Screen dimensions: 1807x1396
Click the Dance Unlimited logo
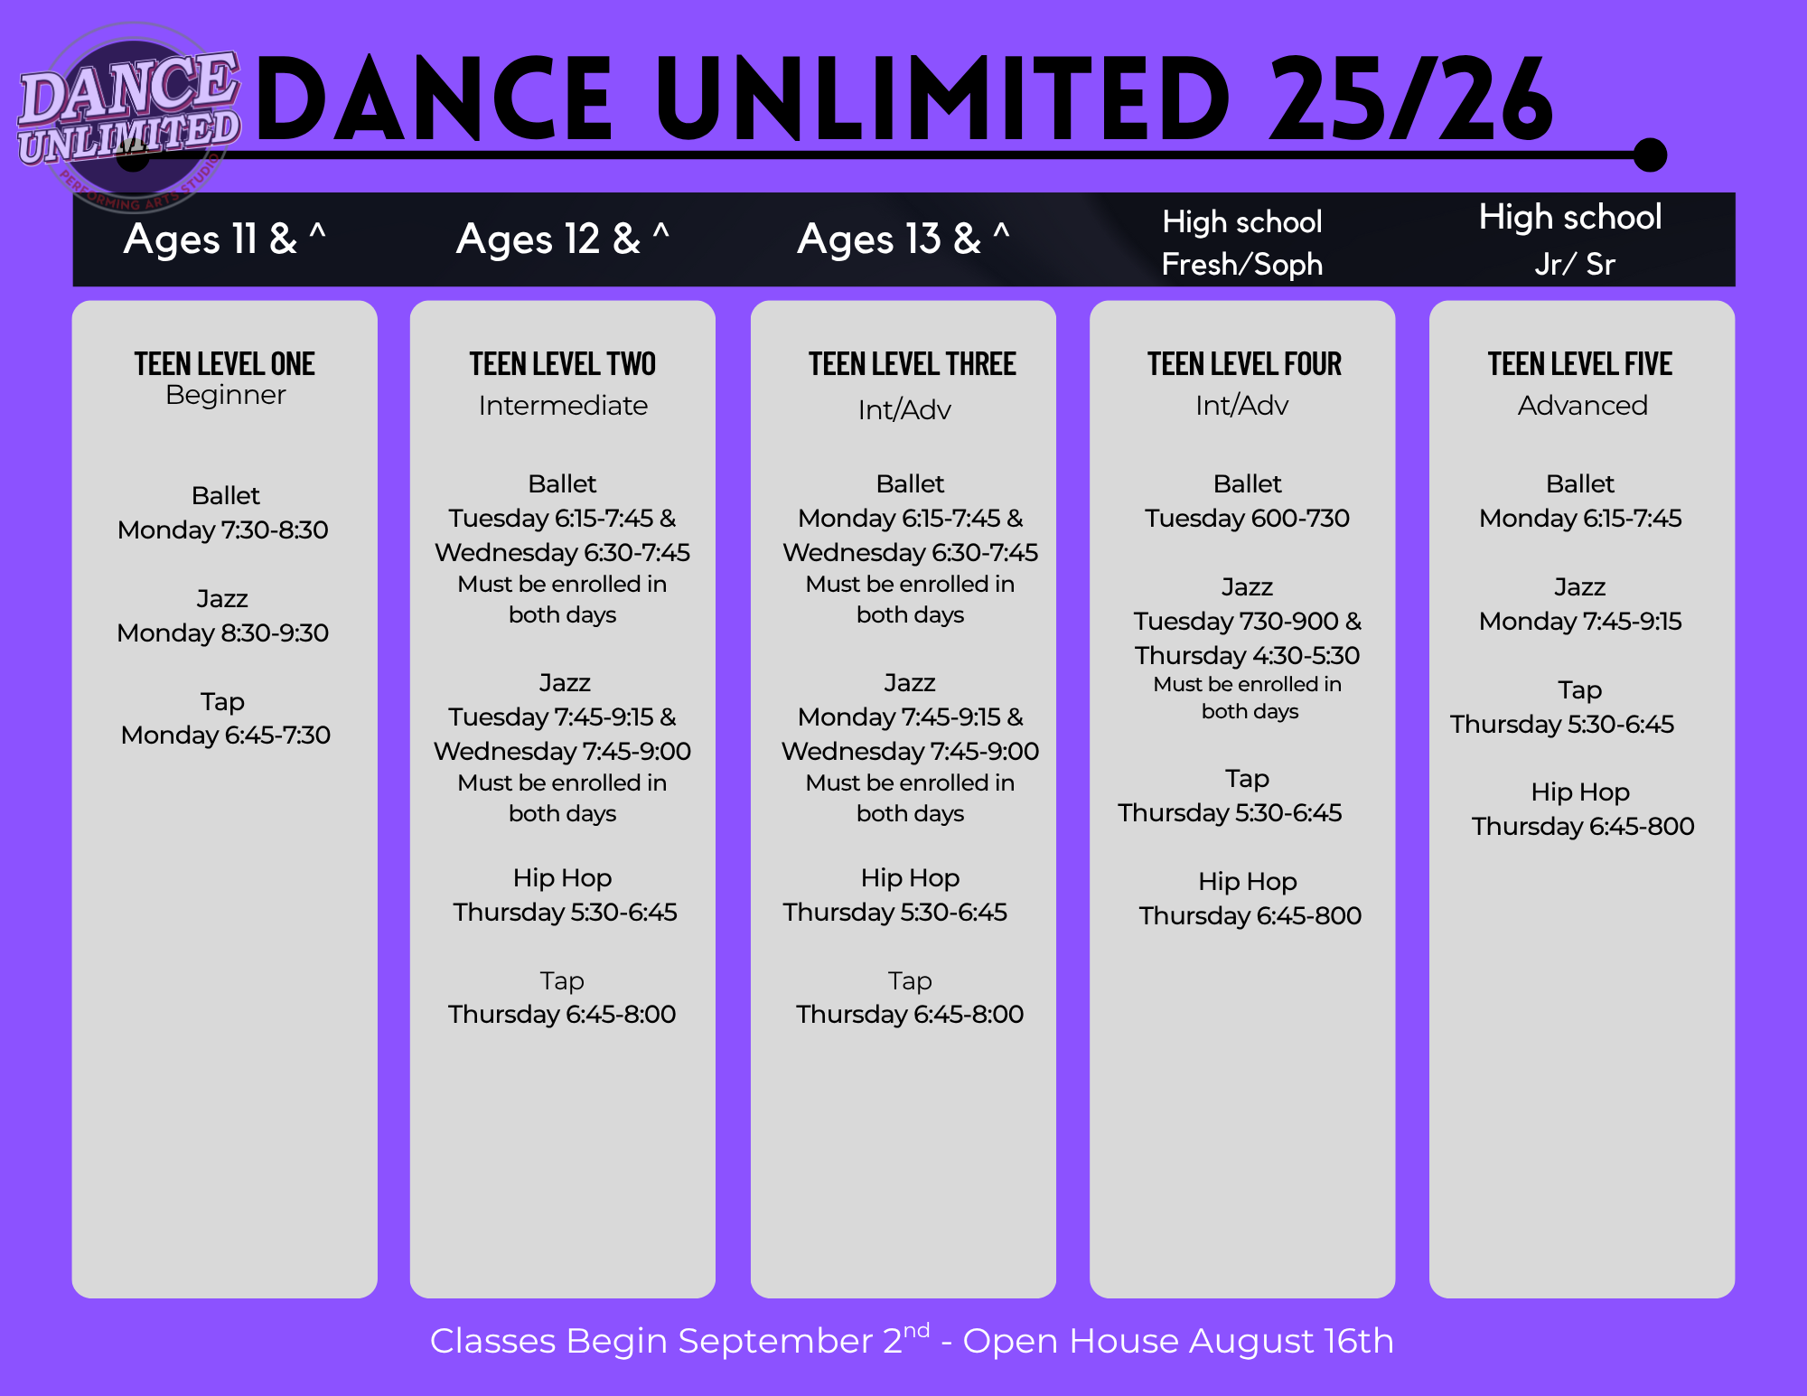click(x=130, y=117)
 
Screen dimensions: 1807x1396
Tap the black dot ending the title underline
click(x=1650, y=155)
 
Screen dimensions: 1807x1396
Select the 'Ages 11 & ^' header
click(x=225, y=239)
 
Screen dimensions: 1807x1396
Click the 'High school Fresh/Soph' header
click(x=1242, y=242)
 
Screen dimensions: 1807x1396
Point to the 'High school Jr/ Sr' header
click(x=1571, y=239)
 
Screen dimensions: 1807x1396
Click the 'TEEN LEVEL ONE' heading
click(x=225, y=363)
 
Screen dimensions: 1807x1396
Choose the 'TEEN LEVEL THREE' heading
click(x=912, y=363)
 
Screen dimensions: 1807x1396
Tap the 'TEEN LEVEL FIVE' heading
click(x=1580, y=363)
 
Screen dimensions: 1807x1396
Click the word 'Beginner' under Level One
click(x=226, y=395)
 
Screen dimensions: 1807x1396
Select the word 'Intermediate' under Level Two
click(x=563, y=406)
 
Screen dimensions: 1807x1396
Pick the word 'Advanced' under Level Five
click(x=1582, y=406)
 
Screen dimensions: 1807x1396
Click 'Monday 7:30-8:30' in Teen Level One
click(x=223, y=529)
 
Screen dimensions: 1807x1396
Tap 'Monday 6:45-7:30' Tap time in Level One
click(x=226, y=735)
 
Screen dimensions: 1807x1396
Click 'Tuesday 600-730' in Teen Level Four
click(x=1247, y=518)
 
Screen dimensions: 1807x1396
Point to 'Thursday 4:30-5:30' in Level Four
click(x=1247, y=655)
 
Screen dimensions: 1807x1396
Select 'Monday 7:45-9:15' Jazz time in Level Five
click(x=1580, y=621)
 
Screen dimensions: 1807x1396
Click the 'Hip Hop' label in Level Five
click(x=1580, y=792)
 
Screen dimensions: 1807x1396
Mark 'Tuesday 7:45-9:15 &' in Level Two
click(x=562, y=717)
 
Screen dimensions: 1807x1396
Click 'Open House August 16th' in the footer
click(x=1178, y=1341)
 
